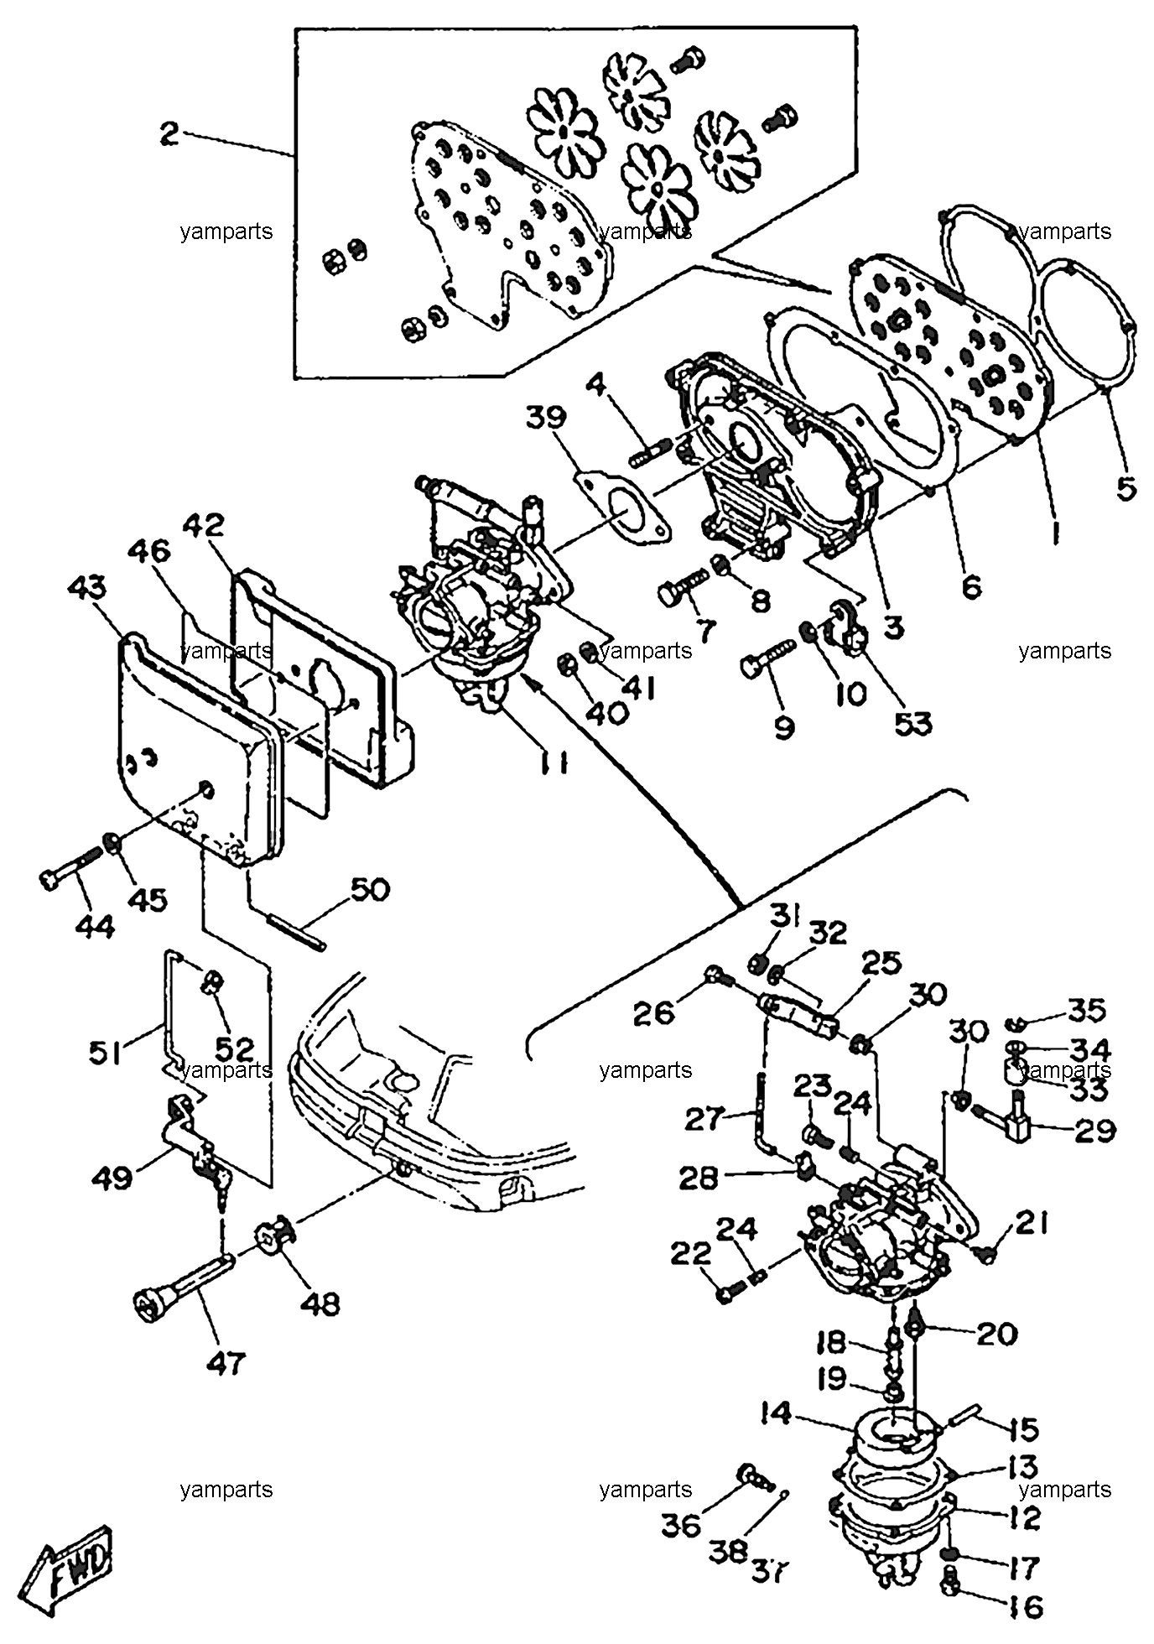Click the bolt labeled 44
tap(70, 866)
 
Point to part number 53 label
tap(912, 722)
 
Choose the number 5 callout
tap(1125, 487)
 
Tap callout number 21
tap(1032, 1225)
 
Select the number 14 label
tap(776, 1414)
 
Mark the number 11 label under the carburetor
tap(554, 762)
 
